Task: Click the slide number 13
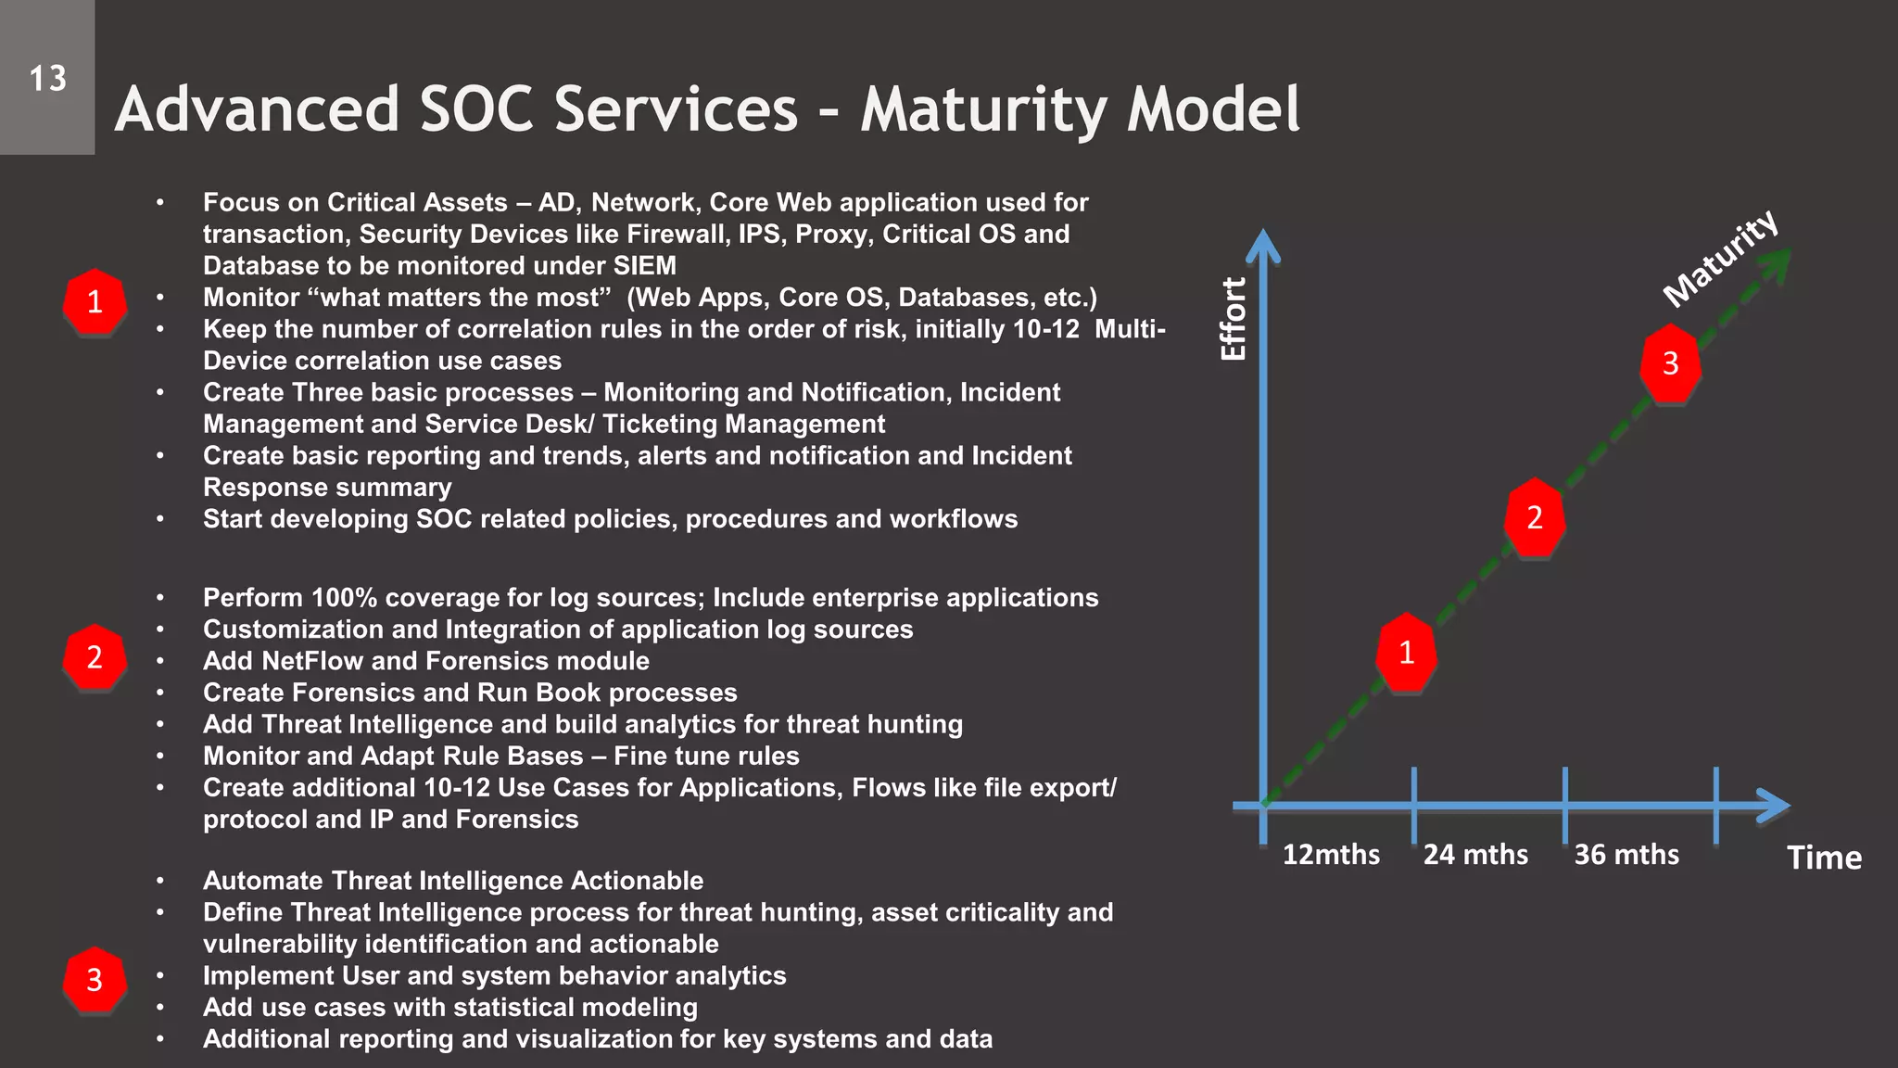pos(47,79)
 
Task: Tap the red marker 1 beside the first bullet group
pos(95,302)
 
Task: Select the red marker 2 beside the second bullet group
pos(95,657)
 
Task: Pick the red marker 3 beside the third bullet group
pos(95,980)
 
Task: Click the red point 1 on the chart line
pos(1406,653)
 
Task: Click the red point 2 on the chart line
pos(1534,517)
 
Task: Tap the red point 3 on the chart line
pos(1670,363)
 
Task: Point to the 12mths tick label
pos(1331,854)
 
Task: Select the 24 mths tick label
pos(1475,854)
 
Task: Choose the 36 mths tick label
pos(1626,854)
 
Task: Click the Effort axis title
pos(1234,319)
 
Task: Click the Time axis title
pos(1824,858)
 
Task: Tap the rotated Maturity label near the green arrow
pos(1720,258)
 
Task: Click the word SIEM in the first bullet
pos(644,266)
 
